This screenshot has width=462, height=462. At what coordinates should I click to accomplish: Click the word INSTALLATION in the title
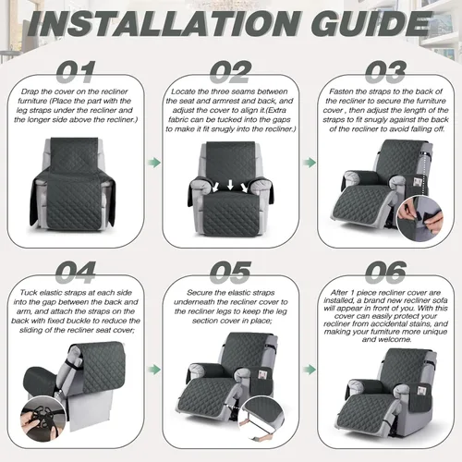click(164, 24)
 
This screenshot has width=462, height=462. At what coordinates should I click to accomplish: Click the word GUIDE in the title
click(371, 24)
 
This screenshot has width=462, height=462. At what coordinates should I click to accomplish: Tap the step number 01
click(76, 72)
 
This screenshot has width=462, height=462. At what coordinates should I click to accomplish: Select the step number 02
click(231, 72)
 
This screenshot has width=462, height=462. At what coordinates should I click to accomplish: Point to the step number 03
click(385, 72)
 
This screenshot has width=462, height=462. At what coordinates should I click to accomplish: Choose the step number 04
click(76, 273)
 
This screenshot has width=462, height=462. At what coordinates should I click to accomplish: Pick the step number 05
click(231, 273)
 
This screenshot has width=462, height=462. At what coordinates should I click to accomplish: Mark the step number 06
click(385, 273)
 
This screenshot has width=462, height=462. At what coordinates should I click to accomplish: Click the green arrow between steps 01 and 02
click(154, 163)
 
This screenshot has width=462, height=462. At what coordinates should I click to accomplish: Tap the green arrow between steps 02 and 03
click(310, 163)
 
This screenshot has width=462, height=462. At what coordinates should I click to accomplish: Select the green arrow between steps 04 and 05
click(154, 370)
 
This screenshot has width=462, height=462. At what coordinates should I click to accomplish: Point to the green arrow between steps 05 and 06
click(310, 370)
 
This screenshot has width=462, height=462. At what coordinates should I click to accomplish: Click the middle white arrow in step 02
click(230, 185)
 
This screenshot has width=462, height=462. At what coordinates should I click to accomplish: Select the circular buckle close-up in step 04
click(43, 419)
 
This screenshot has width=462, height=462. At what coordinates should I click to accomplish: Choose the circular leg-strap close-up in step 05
click(261, 419)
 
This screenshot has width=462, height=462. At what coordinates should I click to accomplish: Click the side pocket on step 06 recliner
click(420, 396)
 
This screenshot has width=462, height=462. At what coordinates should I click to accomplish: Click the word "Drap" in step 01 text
click(30, 91)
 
